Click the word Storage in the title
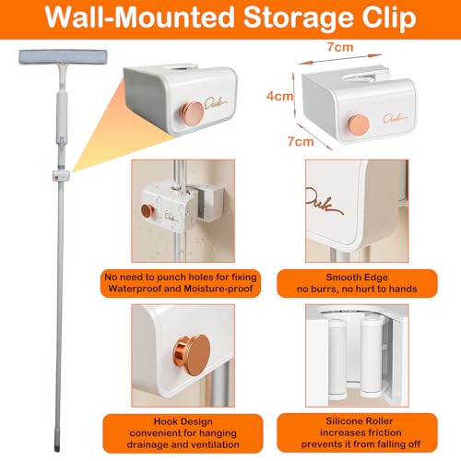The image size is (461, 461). click(x=299, y=17)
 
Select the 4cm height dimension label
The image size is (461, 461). click(x=279, y=96)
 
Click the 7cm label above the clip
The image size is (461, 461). click(x=340, y=47)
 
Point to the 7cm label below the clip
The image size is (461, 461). click(x=301, y=141)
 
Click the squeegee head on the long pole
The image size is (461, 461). click(x=64, y=57)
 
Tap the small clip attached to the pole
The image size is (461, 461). click(x=61, y=176)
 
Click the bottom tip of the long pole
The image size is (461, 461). click(x=57, y=450)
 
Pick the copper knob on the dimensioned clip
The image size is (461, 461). click(x=359, y=124)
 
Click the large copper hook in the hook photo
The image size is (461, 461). click(x=192, y=355)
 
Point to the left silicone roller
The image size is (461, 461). click(x=337, y=358)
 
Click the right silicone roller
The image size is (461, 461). click(x=371, y=358)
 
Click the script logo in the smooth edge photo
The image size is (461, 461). click(x=325, y=202)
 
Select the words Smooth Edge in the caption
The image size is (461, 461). click(x=357, y=278)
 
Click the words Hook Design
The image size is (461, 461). click(x=183, y=421)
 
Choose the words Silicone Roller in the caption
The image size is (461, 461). click(x=360, y=420)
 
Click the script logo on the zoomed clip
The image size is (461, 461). click(x=216, y=104)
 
